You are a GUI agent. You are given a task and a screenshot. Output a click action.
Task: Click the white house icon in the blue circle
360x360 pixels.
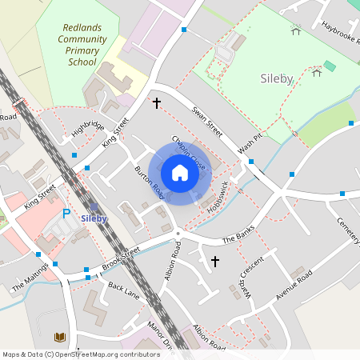tap(180, 173)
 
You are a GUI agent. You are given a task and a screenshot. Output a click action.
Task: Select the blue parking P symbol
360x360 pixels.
tap(66, 214)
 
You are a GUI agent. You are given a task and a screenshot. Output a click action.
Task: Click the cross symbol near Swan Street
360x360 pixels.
tap(157, 103)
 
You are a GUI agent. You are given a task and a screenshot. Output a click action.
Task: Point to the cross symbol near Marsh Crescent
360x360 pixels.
tap(214, 262)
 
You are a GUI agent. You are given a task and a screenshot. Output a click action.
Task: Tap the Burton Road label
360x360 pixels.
tap(150, 183)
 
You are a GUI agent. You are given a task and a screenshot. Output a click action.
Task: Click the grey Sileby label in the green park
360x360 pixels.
tap(277, 79)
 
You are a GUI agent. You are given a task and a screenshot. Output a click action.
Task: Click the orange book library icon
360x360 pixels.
tap(59, 337)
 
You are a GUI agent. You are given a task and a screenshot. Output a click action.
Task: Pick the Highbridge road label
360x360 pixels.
tap(87, 127)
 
